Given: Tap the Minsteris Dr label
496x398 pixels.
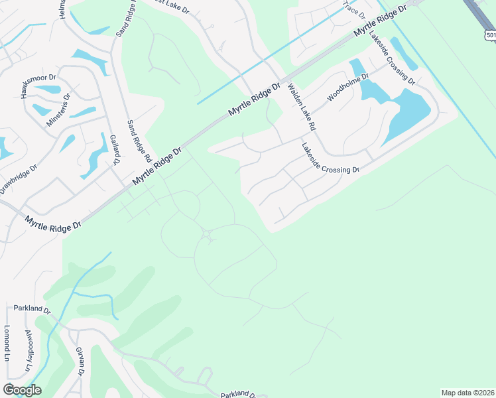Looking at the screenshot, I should pos(57,110).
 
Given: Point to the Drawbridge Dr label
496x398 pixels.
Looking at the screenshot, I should pos(19,178).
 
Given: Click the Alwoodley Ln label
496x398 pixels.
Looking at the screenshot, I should pos(29,350).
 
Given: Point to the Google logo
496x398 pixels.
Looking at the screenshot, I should pos(22,390).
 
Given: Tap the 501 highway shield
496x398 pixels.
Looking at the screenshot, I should pos(490,35).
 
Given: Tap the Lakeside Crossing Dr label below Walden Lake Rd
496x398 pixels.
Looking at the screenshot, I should pos(330,159).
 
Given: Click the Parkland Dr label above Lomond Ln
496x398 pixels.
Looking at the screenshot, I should pos(32,309).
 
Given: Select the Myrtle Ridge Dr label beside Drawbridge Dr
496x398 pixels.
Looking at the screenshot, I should pos(53,223).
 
